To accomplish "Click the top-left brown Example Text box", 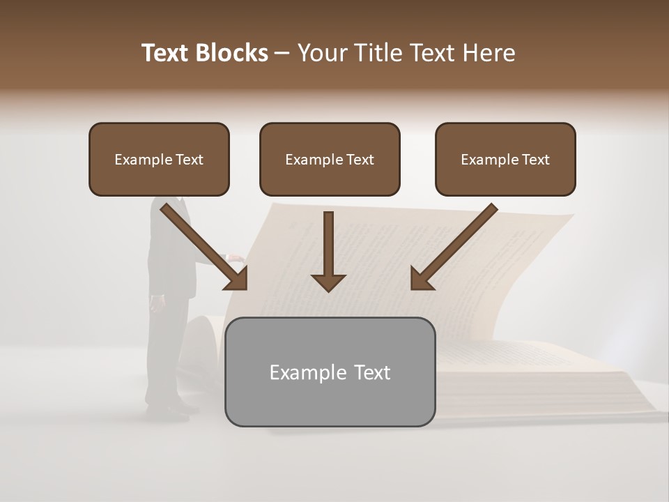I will click(159, 160).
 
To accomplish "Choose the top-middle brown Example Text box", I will click(330, 160).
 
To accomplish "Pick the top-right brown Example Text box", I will click(505, 160).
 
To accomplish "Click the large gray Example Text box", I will click(330, 372).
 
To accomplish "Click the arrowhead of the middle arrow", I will click(328, 282).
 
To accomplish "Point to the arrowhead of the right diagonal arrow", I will click(420, 280).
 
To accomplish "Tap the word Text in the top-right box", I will click(535, 160).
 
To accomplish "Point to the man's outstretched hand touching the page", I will click(237, 259).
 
